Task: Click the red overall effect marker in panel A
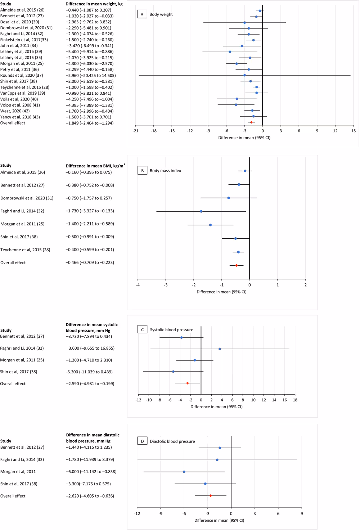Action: click(x=251, y=122)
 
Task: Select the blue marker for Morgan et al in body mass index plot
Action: click(x=210, y=225)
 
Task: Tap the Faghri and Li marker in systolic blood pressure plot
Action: click(x=220, y=349)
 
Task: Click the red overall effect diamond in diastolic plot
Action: click(x=211, y=496)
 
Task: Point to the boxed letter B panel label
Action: click(x=142, y=171)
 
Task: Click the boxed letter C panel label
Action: click(x=142, y=329)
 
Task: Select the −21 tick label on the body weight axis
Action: click(x=135, y=131)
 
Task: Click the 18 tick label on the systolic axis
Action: click(x=295, y=400)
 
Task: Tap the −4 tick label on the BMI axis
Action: click(x=138, y=285)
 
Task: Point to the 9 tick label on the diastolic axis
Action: click(x=302, y=513)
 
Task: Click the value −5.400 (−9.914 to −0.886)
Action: click(x=89, y=51)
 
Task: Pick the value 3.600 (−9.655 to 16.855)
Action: click(x=91, y=348)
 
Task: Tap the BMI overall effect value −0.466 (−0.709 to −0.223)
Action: click(x=90, y=262)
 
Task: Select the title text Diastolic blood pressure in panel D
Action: click(x=172, y=441)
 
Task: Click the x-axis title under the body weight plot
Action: click(x=244, y=138)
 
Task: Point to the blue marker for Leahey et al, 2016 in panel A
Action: click(x=230, y=52)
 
